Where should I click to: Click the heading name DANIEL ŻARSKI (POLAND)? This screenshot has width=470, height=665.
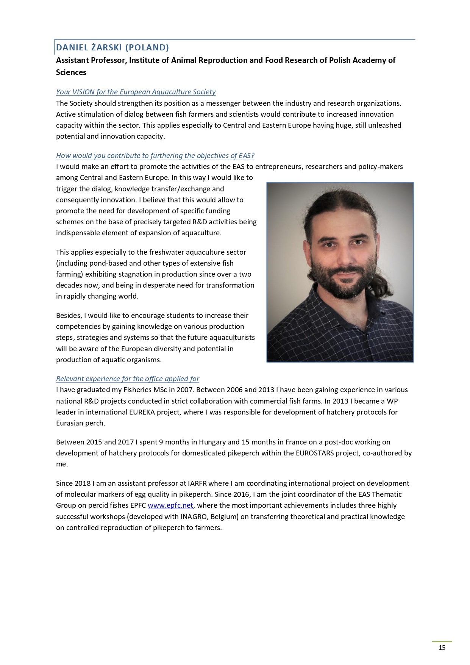[112, 47]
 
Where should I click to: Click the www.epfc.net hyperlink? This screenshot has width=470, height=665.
[170, 505]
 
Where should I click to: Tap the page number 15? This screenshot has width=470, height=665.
[442, 648]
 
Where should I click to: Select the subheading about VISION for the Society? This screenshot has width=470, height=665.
[136, 92]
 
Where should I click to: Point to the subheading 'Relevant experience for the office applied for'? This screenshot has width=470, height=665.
[127, 379]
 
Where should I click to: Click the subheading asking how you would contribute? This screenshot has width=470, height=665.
[155, 155]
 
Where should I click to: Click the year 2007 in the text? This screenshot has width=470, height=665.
[184, 390]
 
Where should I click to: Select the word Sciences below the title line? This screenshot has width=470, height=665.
[71, 72]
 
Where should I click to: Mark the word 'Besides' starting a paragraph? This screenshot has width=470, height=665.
[68, 315]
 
